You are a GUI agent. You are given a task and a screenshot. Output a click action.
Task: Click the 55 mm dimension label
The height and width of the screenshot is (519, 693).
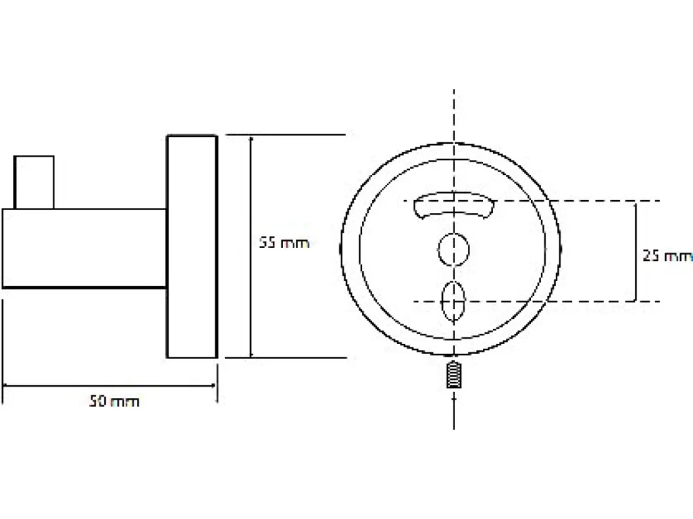(x=284, y=243)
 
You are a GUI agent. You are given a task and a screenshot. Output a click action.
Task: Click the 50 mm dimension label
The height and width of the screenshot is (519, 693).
(x=114, y=402)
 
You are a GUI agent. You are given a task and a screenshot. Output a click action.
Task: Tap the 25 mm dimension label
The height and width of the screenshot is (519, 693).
(x=667, y=255)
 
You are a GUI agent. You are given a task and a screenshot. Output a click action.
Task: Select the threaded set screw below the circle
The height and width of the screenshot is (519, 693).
(x=454, y=375)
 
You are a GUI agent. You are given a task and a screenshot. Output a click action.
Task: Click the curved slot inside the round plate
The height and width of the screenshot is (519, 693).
(x=454, y=204)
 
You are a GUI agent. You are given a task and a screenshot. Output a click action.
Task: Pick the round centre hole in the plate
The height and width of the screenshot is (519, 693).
(x=454, y=249)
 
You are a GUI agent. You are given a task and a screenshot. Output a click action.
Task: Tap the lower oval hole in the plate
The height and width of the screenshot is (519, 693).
(x=454, y=301)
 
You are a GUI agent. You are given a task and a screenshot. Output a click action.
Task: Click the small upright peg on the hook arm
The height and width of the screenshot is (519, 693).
(x=34, y=182)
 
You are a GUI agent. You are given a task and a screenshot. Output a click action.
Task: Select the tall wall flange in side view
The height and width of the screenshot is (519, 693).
(x=191, y=246)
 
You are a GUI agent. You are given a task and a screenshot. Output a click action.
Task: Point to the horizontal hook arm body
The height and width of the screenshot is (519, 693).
(x=84, y=249)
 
